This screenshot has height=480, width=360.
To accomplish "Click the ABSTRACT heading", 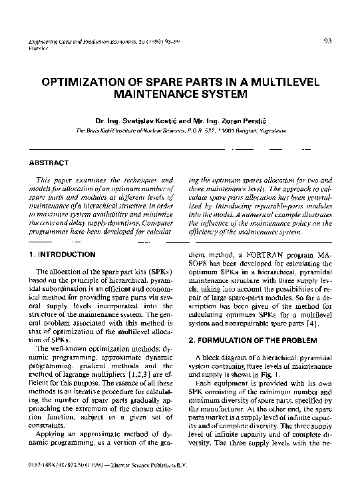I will pyautogui.click(x=49, y=162).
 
